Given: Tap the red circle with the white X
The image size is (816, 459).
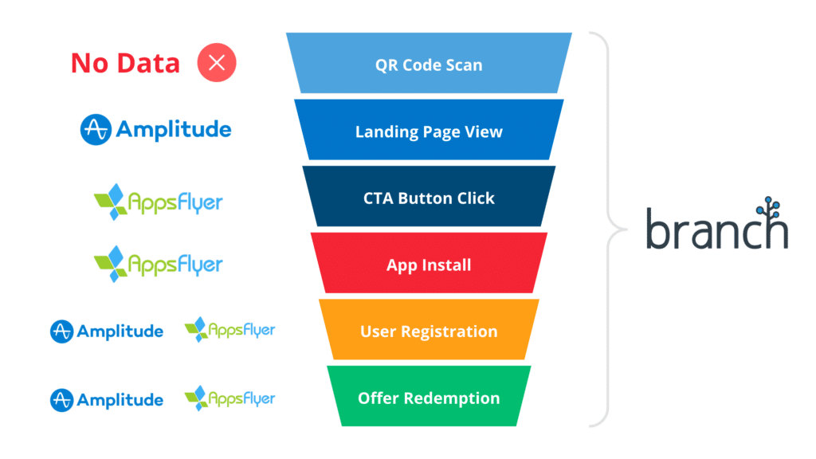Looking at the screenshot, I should tap(217, 64).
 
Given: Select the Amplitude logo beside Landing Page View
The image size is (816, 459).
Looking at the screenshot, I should tap(156, 129).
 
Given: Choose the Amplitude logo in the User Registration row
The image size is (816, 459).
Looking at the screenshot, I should tap(107, 331).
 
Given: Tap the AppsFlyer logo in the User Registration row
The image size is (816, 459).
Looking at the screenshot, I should tap(229, 330).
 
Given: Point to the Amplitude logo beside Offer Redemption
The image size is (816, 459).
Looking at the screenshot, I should tap(107, 399).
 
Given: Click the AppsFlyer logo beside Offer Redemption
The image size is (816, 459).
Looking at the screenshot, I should tap(229, 398).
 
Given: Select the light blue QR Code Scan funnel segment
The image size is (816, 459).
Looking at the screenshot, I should tap(429, 65).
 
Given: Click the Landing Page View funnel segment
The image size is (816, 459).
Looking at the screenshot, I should tap(429, 131).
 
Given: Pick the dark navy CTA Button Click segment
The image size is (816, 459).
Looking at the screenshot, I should tap(429, 198).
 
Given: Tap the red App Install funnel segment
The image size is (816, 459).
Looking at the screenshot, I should tap(429, 265).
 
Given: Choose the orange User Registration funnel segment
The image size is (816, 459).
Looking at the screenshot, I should tap(429, 331).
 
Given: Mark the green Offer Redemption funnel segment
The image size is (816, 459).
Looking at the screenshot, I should tap(429, 398).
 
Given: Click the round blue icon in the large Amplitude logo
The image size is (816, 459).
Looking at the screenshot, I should tap(96, 129).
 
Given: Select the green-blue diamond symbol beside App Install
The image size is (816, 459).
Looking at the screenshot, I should tap(111, 264).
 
